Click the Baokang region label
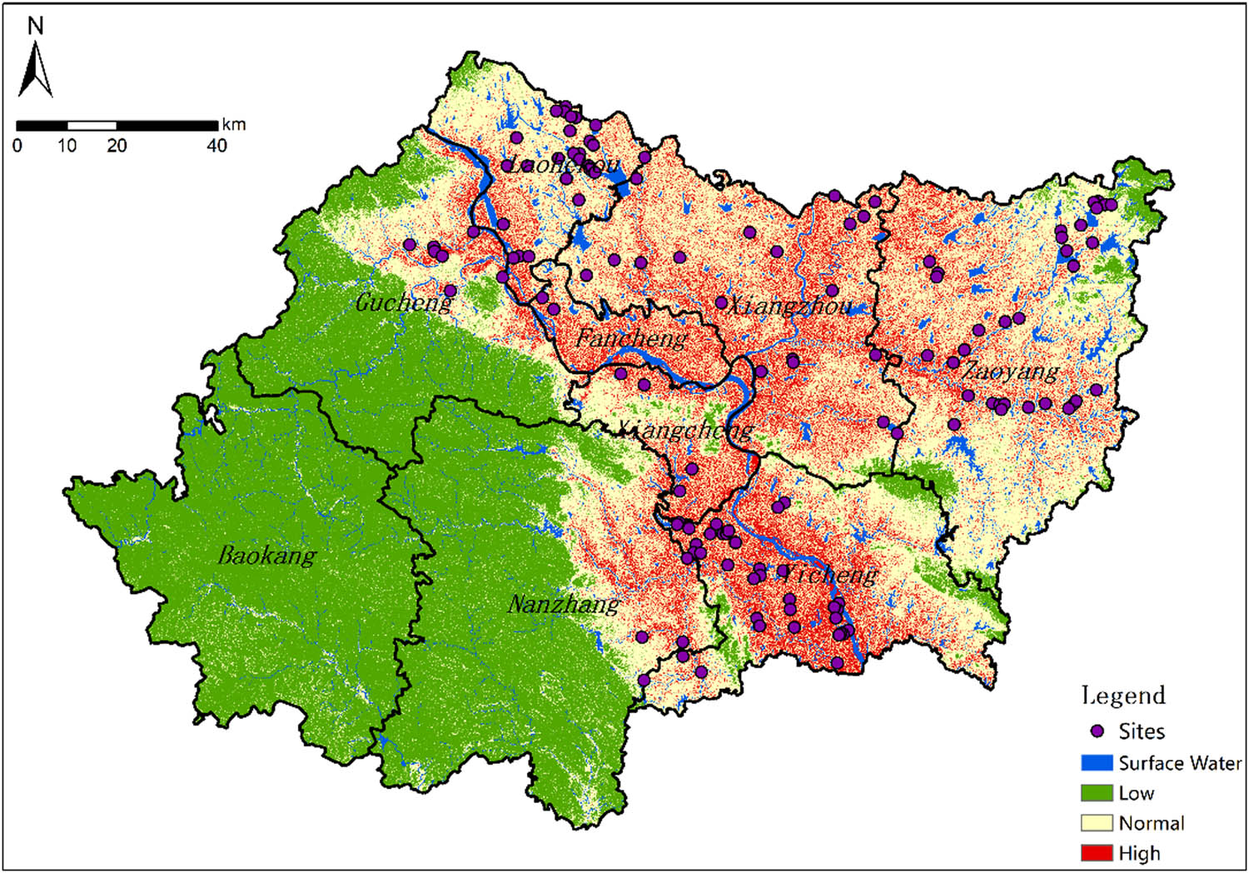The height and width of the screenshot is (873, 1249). pos(267,555)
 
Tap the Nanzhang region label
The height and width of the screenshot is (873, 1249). pos(564,604)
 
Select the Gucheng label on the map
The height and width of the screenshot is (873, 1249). pos(404,302)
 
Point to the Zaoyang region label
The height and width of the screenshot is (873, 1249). pos(1010,371)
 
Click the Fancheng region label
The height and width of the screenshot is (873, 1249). pos(631,338)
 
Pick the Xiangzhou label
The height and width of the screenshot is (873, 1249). pos(789,306)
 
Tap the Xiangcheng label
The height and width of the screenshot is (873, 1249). pos(684,430)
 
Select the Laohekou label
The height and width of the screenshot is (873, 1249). pos(564,165)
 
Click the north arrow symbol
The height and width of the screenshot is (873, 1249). pos(35,70)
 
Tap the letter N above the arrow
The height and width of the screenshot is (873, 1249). pos(35,26)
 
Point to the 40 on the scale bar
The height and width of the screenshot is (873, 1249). pos(216,146)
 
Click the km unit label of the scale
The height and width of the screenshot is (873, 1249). pos(234,125)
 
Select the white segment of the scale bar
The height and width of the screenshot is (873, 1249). pos(92,126)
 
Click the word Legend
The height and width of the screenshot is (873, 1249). pos(1123,696)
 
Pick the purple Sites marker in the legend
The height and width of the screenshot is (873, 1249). pos(1097,731)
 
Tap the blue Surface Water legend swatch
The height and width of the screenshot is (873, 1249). pos(1097,763)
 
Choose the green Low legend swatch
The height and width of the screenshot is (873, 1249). pos(1097,793)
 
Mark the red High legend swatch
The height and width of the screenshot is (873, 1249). pos(1097,853)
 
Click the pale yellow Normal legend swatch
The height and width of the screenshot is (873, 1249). pos(1097,823)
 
